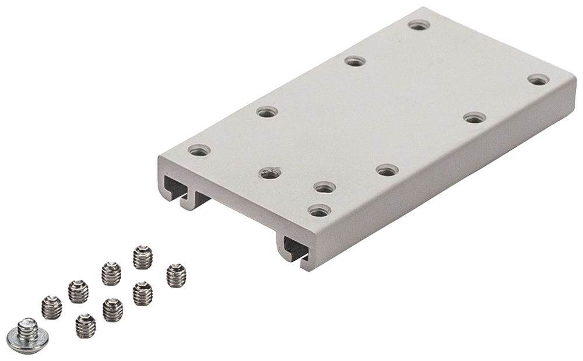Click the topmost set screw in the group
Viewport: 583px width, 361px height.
[142, 257]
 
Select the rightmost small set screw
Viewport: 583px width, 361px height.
[175, 275]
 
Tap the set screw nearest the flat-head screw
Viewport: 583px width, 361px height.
[52, 306]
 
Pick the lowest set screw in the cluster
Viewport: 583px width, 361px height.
[86, 326]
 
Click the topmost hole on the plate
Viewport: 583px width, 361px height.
[419, 25]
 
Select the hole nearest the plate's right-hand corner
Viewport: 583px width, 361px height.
[538, 80]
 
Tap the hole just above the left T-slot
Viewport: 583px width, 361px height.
[199, 150]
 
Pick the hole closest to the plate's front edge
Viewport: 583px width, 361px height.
[319, 211]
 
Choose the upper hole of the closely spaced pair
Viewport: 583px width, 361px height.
[324, 187]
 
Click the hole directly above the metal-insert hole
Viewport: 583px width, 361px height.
[266, 111]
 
